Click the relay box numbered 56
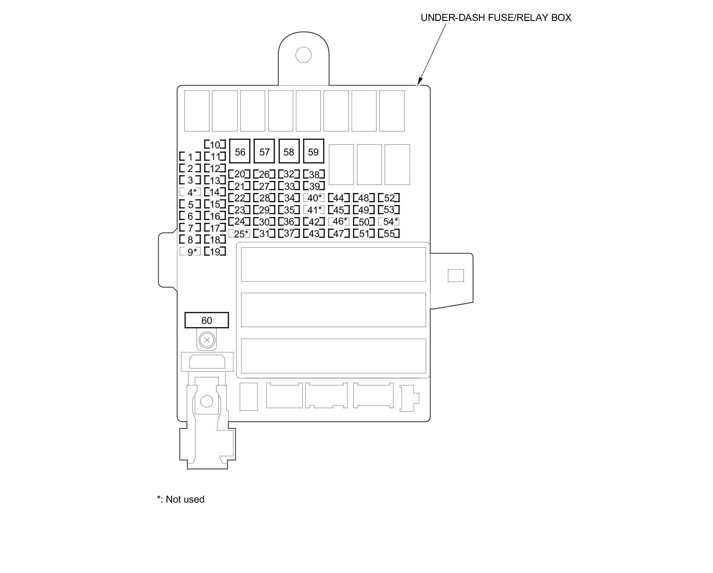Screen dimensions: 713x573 [x=240, y=152]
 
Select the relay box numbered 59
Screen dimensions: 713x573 [x=313, y=152]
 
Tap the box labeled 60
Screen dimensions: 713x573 [x=207, y=320]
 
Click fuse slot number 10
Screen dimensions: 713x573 [x=215, y=145]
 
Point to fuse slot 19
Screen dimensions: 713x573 [x=215, y=252]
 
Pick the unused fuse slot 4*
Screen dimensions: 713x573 [x=190, y=192]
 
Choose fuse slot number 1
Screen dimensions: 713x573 [x=190, y=157]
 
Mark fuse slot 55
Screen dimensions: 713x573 [x=389, y=233]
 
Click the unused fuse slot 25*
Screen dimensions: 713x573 [x=240, y=233]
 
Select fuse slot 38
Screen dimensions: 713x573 [x=314, y=175]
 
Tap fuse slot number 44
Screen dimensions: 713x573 [x=339, y=198]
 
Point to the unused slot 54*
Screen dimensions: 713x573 [x=389, y=221]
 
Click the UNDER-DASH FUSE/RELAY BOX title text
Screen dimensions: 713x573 [x=496, y=18]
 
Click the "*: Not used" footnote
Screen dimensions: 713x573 [x=180, y=499]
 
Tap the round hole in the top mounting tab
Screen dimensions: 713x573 [x=303, y=55]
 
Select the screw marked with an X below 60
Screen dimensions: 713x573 [x=206, y=341]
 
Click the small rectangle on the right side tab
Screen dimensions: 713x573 [x=455, y=275]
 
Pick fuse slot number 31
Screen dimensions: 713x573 [x=264, y=233]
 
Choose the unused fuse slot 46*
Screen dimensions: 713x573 [x=339, y=221]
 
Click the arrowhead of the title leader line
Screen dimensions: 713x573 [x=418, y=83]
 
